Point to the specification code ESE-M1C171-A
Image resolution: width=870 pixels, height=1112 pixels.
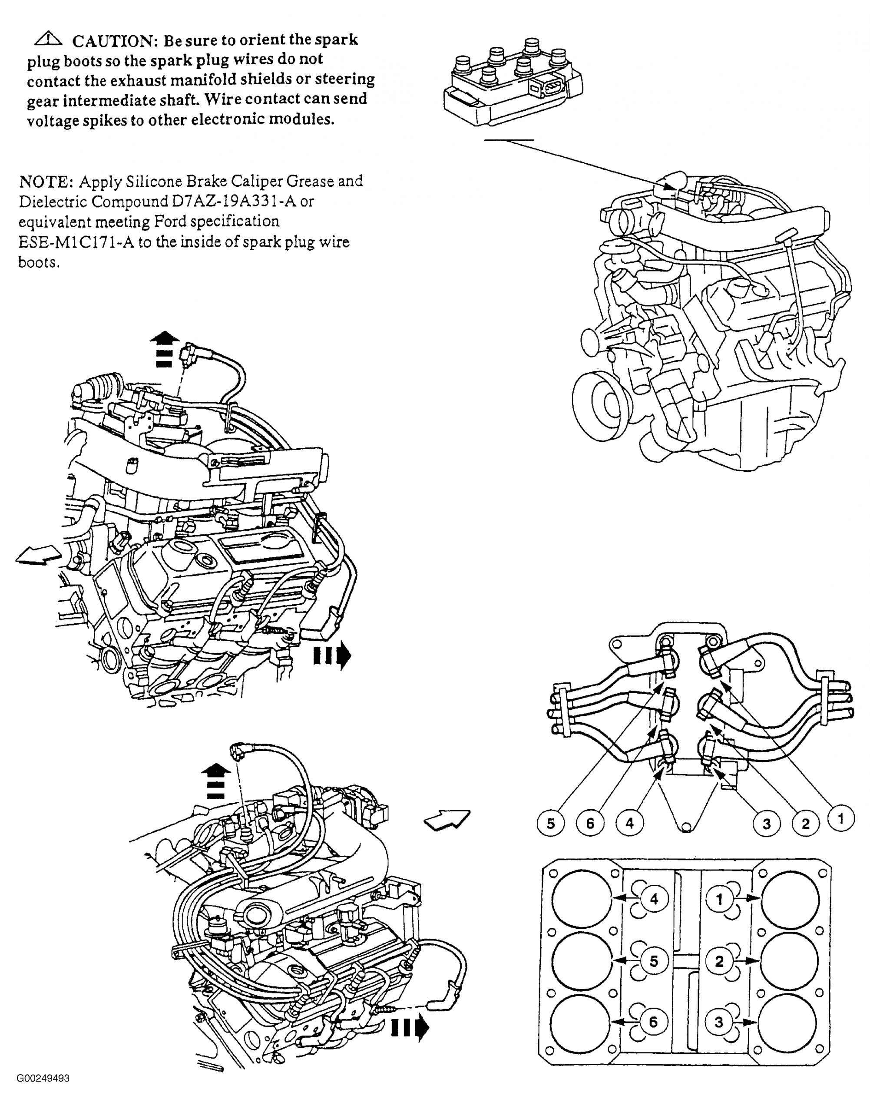tap(76, 242)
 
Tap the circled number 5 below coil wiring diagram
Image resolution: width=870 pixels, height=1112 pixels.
tap(550, 824)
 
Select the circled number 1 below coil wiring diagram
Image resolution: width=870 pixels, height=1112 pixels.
tap(840, 819)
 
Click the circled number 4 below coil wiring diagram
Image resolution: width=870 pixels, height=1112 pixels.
tap(629, 823)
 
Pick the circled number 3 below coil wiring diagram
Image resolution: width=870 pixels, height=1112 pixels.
tap(766, 824)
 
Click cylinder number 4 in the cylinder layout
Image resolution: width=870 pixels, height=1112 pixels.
tap(654, 899)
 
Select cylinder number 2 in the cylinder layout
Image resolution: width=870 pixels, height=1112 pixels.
tap(719, 961)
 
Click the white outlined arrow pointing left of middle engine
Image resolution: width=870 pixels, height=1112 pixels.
tap(38, 555)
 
